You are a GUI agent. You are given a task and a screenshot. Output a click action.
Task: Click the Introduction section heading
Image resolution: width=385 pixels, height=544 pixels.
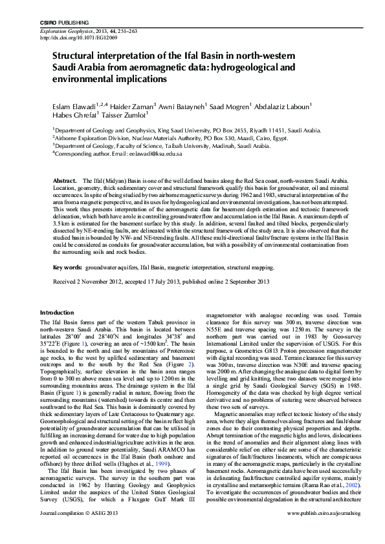57,312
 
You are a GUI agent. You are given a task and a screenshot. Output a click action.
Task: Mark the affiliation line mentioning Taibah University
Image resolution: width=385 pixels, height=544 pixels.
162,147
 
